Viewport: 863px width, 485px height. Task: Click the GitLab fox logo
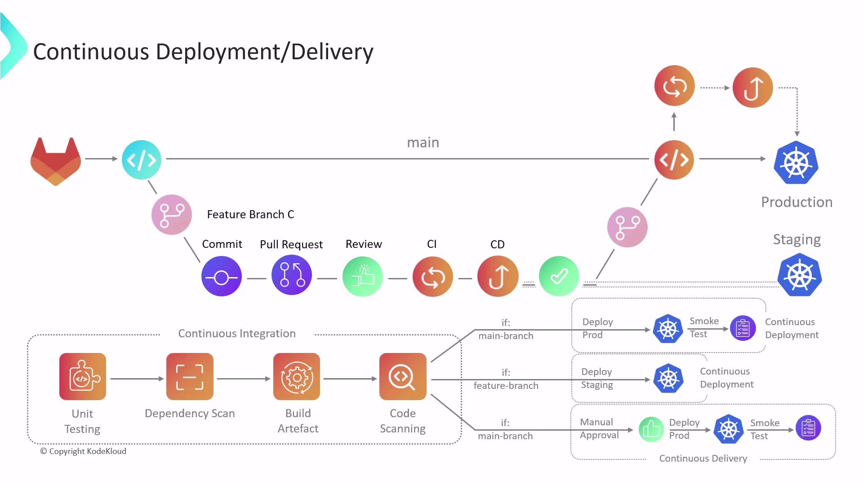[x=56, y=161]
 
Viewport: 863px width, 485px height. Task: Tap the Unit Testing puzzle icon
[x=83, y=376]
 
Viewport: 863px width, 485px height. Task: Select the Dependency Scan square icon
[x=190, y=376]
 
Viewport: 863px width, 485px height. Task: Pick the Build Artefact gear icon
[x=297, y=376]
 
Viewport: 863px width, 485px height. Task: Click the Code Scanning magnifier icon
[x=403, y=376]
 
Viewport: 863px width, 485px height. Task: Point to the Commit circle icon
[x=221, y=277]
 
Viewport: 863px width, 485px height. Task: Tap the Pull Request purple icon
[x=292, y=275]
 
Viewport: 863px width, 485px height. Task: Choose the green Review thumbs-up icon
[x=362, y=276]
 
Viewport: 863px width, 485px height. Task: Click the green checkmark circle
[x=559, y=276]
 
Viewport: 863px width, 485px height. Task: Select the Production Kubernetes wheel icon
[x=796, y=163]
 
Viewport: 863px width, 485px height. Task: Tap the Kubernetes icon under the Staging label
[x=800, y=275]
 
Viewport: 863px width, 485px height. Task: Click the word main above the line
[x=423, y=142]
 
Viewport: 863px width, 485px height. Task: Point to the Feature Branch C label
[x=250, y=214]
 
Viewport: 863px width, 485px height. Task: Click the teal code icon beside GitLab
[x=142, y=160]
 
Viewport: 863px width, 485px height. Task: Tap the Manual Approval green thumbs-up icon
[x=651, y=429]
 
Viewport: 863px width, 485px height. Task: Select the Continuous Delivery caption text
[x=703, y=458]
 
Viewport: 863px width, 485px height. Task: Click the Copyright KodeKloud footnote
[x=83, y=451]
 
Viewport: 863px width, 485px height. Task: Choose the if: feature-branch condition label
[x=506, y=379]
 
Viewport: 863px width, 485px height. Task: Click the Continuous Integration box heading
[x=237, y=333]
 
